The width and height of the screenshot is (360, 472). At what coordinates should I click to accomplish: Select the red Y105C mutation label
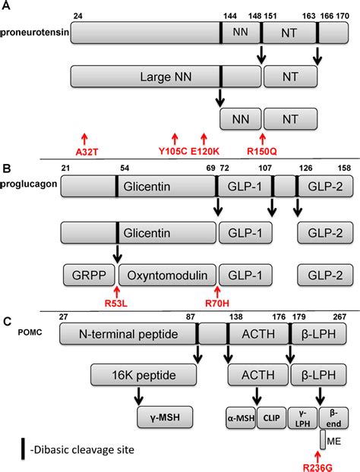175,150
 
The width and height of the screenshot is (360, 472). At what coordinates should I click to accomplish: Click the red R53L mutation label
116,301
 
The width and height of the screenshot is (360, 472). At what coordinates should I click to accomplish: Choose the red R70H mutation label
218,301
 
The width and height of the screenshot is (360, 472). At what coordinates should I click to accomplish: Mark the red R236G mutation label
324,464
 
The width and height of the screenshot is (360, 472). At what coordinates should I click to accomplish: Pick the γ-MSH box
164,415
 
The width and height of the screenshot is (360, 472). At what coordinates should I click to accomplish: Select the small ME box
324,439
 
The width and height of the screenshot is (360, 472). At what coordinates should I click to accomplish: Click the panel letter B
8,168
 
